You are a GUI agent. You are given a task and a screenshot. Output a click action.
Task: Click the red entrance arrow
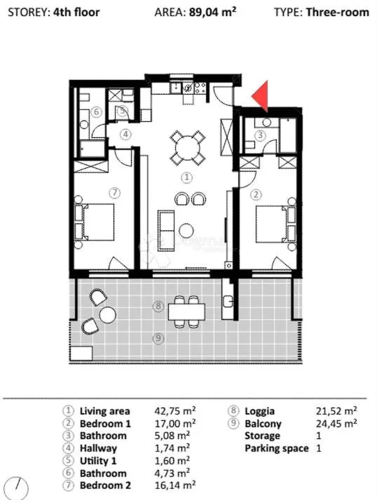[262, 97]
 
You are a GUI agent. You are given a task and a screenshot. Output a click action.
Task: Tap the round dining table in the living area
[188, 147]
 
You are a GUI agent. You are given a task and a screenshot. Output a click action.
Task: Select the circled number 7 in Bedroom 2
[115, 193]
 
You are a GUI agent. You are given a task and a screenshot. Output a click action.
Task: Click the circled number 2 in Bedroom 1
[256, 194]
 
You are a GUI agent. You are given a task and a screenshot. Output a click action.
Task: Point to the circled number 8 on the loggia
[158, 307]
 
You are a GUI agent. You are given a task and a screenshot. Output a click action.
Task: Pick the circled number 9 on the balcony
[158, 338]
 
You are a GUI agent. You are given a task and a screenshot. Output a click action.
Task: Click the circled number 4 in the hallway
[125, 134]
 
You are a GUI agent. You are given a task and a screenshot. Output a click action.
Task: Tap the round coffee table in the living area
[186, 230]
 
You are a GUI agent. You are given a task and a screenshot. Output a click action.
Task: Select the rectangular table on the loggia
[186, 312]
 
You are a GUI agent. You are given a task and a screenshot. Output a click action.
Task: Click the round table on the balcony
[108, 314]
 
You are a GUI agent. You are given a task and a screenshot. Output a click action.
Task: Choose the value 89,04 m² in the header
[212, 12]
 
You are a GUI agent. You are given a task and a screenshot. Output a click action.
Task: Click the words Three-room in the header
[338, 12]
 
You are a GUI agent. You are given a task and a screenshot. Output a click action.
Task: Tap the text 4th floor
[76, 12]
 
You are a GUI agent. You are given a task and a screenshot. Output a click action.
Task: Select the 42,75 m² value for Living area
[175, 410]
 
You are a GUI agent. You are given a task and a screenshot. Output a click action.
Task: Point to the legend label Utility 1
[98, 461]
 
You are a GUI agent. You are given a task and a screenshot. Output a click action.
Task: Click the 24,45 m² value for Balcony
[336, 423]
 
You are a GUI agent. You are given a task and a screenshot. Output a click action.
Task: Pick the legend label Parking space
[277, 448]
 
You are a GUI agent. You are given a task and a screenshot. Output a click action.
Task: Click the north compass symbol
[16, 488]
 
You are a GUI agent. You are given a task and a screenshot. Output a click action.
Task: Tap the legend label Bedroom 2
[105, 485]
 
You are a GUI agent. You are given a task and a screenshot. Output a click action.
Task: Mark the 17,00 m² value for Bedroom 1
[175, 423]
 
